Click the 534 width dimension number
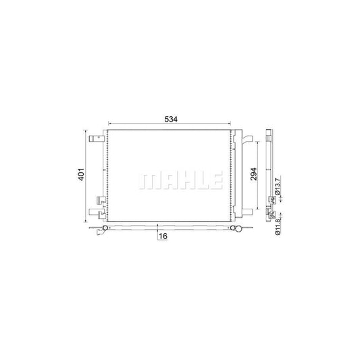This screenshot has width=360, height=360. coord(171,120)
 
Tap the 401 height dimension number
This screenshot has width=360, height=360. coord(82,174)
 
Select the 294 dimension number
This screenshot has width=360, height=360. coord(253,174)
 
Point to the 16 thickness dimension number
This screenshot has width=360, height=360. coord(163,236)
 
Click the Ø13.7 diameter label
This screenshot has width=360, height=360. coord(278,186)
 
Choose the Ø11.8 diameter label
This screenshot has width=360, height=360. coord(278,227)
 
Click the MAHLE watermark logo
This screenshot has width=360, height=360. coord(180,181)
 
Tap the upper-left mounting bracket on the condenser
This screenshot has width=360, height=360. coord(97,138)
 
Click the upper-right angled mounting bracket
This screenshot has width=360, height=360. coord(247,139)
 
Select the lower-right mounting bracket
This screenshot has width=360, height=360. coord(247,212)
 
